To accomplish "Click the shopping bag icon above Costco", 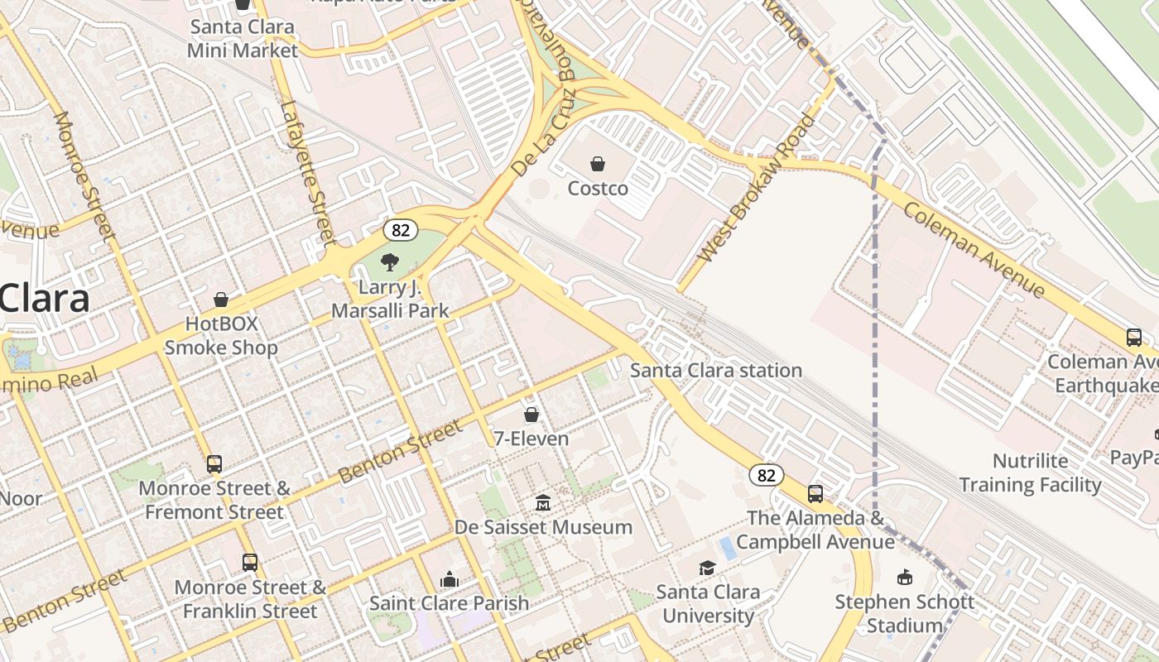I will (597, 164).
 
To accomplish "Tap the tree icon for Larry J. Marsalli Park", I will (389, 263).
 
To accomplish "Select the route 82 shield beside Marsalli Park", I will (400, 230).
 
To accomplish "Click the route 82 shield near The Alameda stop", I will (767, 475).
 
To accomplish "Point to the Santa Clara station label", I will (716, 370).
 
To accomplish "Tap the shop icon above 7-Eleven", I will (531, 414).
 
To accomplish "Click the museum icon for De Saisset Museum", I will (543, 502).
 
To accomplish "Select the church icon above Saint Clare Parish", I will (450, 578).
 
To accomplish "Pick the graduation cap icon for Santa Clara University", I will (707, 568).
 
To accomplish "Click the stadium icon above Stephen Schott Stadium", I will (904, 577).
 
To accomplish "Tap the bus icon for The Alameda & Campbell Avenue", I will (815, 494).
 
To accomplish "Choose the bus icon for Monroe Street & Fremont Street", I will (214, 463).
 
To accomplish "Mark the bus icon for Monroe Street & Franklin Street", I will (250, 563).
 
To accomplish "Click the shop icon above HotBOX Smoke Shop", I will (221, 299).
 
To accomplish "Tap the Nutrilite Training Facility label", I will (1030, 473).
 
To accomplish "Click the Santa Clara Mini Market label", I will (242, 38).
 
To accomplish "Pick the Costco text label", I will (598, 189).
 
